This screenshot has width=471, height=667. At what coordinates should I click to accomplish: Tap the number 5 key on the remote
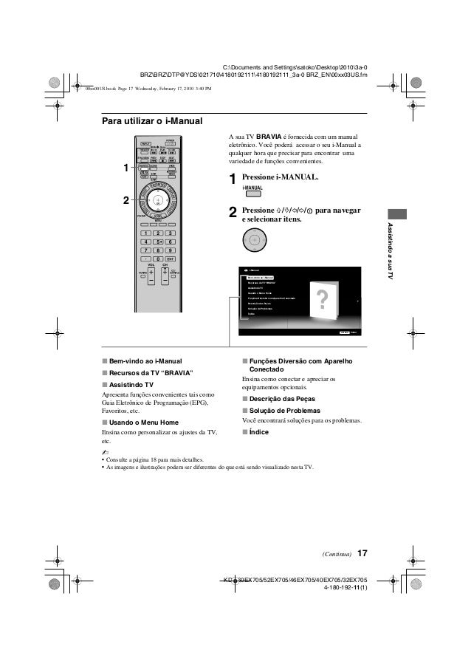coord(157,242)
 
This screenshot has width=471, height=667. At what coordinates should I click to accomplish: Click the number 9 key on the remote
coord(171,250)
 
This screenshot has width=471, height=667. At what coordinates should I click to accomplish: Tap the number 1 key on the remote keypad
coord(144,233)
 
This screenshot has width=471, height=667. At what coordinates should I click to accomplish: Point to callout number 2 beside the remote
coord(126,200)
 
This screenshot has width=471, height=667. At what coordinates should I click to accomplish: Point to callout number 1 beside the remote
coord(126,168)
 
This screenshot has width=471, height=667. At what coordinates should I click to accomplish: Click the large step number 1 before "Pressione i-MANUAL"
coord(233,179)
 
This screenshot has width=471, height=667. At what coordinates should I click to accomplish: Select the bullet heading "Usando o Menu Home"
coord(144,421)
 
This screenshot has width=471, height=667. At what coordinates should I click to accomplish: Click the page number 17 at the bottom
coord(362,554)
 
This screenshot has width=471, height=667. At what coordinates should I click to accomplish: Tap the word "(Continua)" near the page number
coord(336,555)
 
